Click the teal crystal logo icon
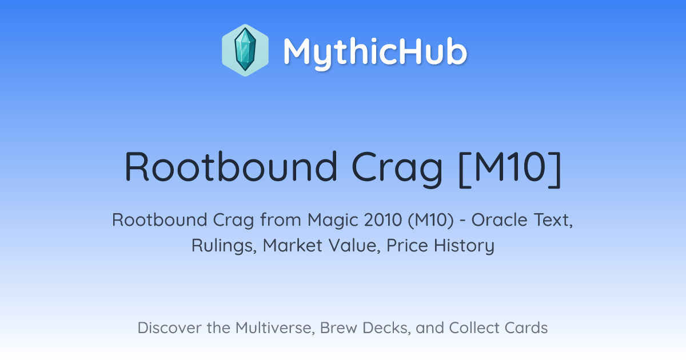[x=245, y=50]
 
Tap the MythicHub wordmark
[x=375, y=52]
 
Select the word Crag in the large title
[x=397, y=170]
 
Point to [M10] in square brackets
[x=510, y=169]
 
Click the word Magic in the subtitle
[x=333, y=220]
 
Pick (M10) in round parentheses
[x=430, y=221]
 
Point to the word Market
[x=293, y=246]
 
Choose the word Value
[x=354, y=246]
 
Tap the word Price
[x=407, y=246]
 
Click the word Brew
[x=338, y=327]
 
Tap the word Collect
[x=473, y=327]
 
